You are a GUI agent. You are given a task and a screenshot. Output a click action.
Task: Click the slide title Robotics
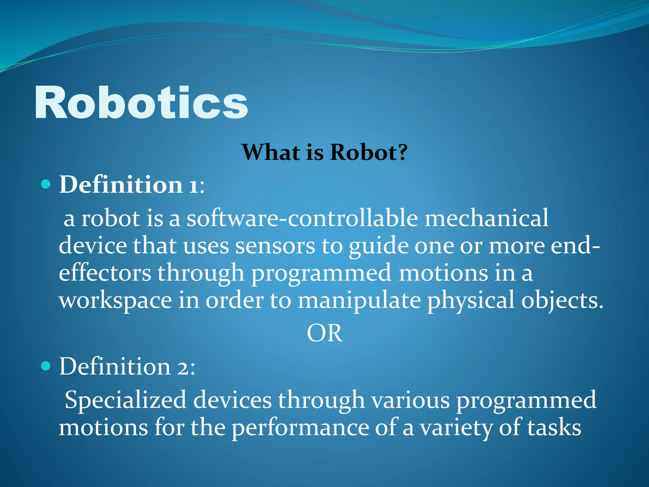click(x=141, y=103)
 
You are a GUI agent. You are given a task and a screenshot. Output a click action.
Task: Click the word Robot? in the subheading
click(x=369, y=152)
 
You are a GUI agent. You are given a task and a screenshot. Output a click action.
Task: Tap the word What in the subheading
click(x=271, y=152)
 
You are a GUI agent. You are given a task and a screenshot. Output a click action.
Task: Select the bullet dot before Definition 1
click(x=46, y=184)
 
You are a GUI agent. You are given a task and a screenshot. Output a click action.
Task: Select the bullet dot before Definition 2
click(x=46, y=366)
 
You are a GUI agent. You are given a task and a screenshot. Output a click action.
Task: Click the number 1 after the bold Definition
click(x=193, y=185)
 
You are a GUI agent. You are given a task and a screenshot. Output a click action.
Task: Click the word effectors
click(x=105, y=273)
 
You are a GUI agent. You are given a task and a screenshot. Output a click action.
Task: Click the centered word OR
click(x=324, y=333)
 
